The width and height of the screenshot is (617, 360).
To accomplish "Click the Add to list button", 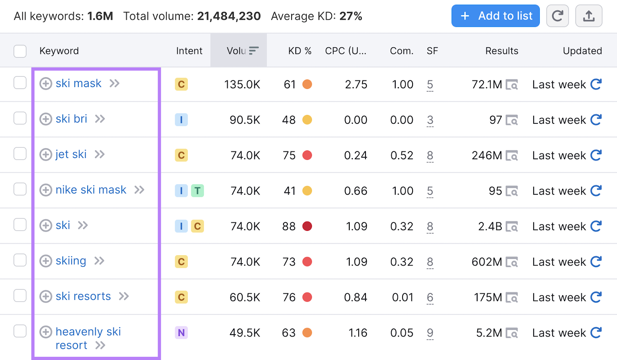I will [x=495, y=16].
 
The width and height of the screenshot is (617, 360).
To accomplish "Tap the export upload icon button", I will [x=588, y=16].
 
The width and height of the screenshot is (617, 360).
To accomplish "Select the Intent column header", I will [x=189, y=51].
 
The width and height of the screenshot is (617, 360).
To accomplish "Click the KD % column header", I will [x=300, y=51].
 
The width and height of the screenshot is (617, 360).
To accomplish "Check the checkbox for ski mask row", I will [x=20, y=83].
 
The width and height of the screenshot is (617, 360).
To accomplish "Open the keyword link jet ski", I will [x=71, y=155].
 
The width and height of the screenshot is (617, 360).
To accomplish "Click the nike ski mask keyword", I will [x=91, y=190].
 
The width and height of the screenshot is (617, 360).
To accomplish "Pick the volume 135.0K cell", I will [x=242, y=84].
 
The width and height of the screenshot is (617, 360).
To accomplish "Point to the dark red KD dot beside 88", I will [x=307, y=226].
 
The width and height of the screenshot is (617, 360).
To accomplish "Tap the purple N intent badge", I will [x=181, y=333].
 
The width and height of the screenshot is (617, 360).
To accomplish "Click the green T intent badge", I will [x=197, y=191].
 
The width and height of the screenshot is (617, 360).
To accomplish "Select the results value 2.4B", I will [x=490, y=226].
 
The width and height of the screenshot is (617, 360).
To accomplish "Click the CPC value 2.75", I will [x=356, y=84].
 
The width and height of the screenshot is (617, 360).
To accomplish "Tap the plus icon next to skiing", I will [x=46, y=261].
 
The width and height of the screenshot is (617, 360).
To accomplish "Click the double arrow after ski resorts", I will [x=124, y=296].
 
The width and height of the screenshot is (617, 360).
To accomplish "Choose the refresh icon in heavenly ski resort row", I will [x=596, y=333].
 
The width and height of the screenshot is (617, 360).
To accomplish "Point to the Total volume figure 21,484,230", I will [x=229, y=16].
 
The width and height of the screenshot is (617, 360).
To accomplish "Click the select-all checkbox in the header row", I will [x=20, y=51].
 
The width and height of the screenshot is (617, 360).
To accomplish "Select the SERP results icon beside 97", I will [x=512, y=120].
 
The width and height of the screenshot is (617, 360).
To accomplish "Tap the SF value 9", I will [x=430, y=333].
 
